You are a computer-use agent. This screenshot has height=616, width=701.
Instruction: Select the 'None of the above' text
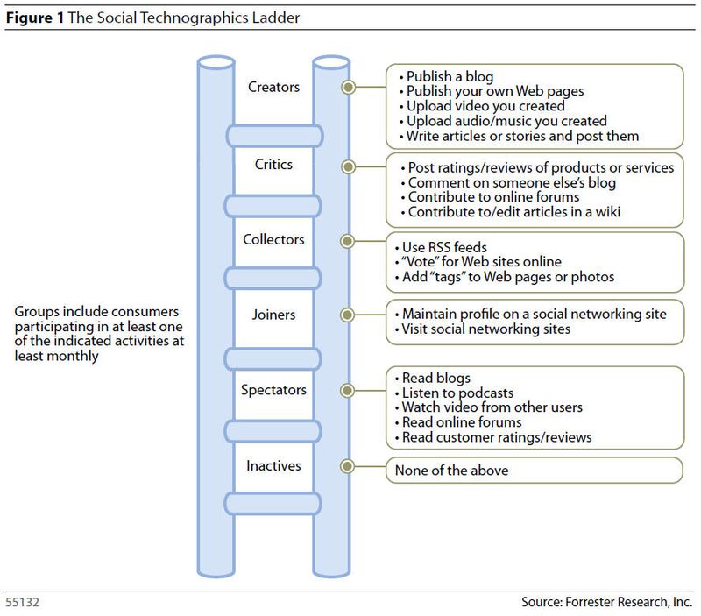point(452,471)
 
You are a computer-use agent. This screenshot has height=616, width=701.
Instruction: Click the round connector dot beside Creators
point(349,88)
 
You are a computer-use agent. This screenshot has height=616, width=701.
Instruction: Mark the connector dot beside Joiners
point(349,315)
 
